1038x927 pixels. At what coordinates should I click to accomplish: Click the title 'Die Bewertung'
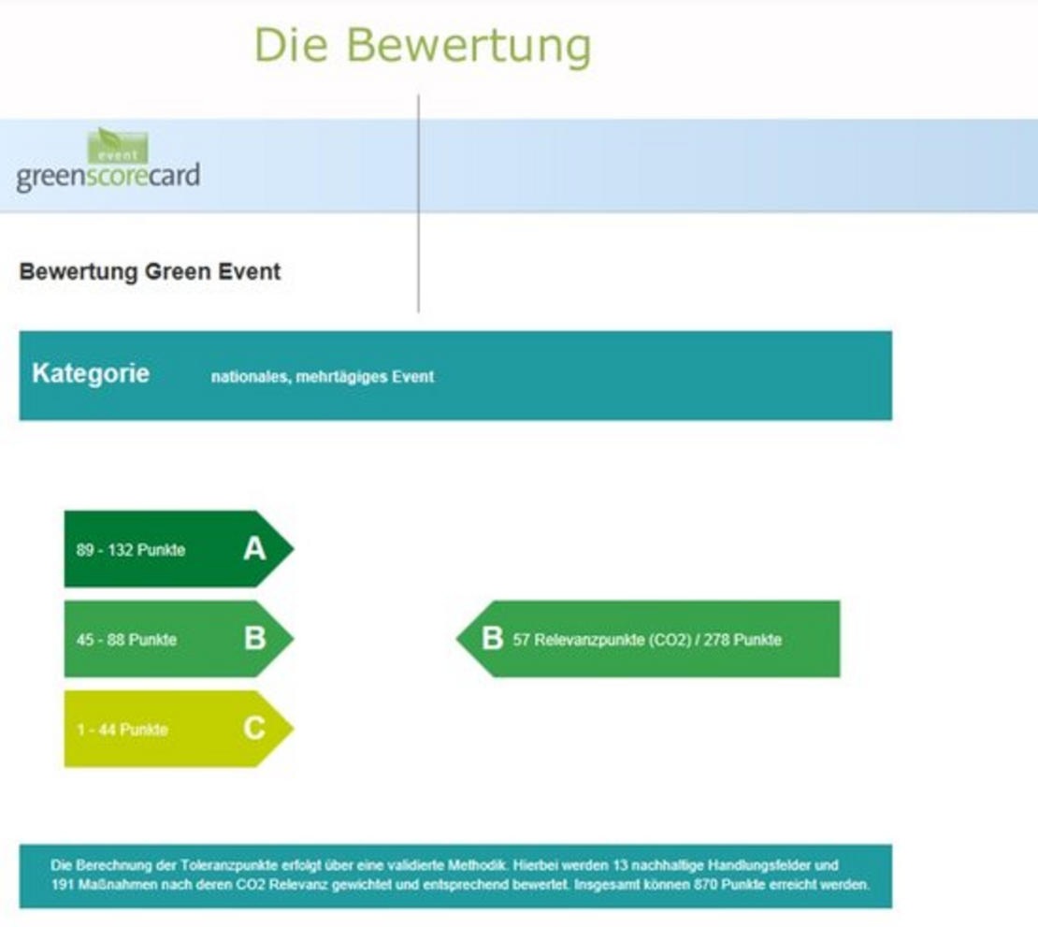(x=423, y=47)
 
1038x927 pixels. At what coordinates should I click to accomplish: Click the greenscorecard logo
(x=108, y=160)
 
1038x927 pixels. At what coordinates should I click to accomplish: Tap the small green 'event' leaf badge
(x=118, y=146)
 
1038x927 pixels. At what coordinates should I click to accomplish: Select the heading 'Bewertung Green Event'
(x=150, y=271)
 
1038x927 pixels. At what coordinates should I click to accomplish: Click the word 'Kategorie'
(x=91, y=373)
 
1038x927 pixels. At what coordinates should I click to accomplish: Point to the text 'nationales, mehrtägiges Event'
(x=323, y=377)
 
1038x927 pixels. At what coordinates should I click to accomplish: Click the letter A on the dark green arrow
(x=255, y=549)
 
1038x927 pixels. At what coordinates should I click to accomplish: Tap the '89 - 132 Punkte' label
(x=130, y=550)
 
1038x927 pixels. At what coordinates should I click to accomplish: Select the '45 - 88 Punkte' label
(x=126, y=640)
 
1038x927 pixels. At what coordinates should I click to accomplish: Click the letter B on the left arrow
(x=255, y=638)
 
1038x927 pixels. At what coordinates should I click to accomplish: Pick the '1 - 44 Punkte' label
(x=123, y=730)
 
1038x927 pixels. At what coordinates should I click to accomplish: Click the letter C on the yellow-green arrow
(x=255, y=729)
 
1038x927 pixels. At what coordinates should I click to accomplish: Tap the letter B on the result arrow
(x=493, y=638)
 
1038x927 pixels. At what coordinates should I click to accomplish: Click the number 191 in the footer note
(x=63, y=885)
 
